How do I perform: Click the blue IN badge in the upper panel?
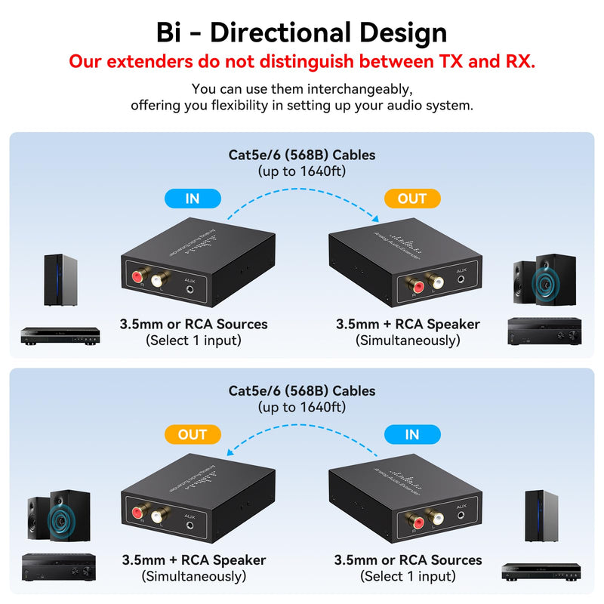coord(193,199)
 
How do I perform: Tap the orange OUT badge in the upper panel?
coord(412,199)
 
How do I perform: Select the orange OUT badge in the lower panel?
coord(193,435)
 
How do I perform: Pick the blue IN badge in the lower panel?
coord(412,435)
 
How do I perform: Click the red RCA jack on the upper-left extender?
coord(138,276)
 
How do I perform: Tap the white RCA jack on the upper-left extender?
coord(158,280)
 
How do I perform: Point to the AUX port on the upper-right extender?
coord(461,279)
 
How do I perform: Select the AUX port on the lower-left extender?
coord(190,525)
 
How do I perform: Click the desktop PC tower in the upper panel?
coord(60,280)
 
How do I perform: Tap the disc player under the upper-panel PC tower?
coord(60,336)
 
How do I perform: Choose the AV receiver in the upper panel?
coord(544,331)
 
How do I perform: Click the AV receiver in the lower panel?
coord(59,568)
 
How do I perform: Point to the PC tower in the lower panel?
coord(541,516)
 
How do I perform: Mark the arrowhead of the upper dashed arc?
coord(375,219)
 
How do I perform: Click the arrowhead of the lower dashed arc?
coord(230,451)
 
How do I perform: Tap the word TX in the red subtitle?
coord(451,61)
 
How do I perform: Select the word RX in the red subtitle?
coord(520,61)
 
